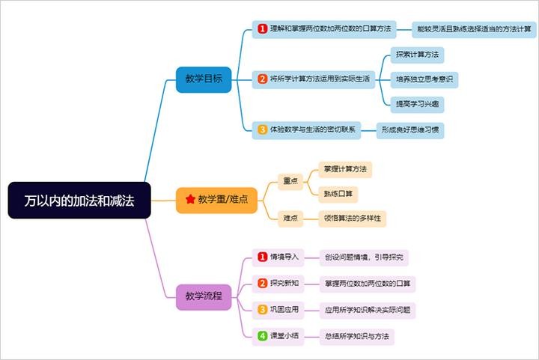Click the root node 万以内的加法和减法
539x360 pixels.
tap(79, 201)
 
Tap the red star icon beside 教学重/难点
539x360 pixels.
tap(190, 200)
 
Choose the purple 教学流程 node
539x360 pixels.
tap(204, 296)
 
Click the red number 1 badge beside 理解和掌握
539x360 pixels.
tap(263, 28)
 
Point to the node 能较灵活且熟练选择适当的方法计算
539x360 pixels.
tap(475, 29)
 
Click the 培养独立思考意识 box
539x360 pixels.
tap(425, 79)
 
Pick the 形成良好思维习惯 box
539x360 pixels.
tap(410, 129)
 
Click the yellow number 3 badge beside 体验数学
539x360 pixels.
tap(263, 129)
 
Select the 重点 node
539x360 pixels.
tap(290, 180)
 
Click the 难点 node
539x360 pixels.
tap(290, 219)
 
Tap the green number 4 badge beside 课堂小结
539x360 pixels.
tap(262, 336)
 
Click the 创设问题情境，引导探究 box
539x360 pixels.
tap(364, 257)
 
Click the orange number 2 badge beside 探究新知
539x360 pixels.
tap(262, 283)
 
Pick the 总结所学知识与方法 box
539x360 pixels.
tap(356, 336)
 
